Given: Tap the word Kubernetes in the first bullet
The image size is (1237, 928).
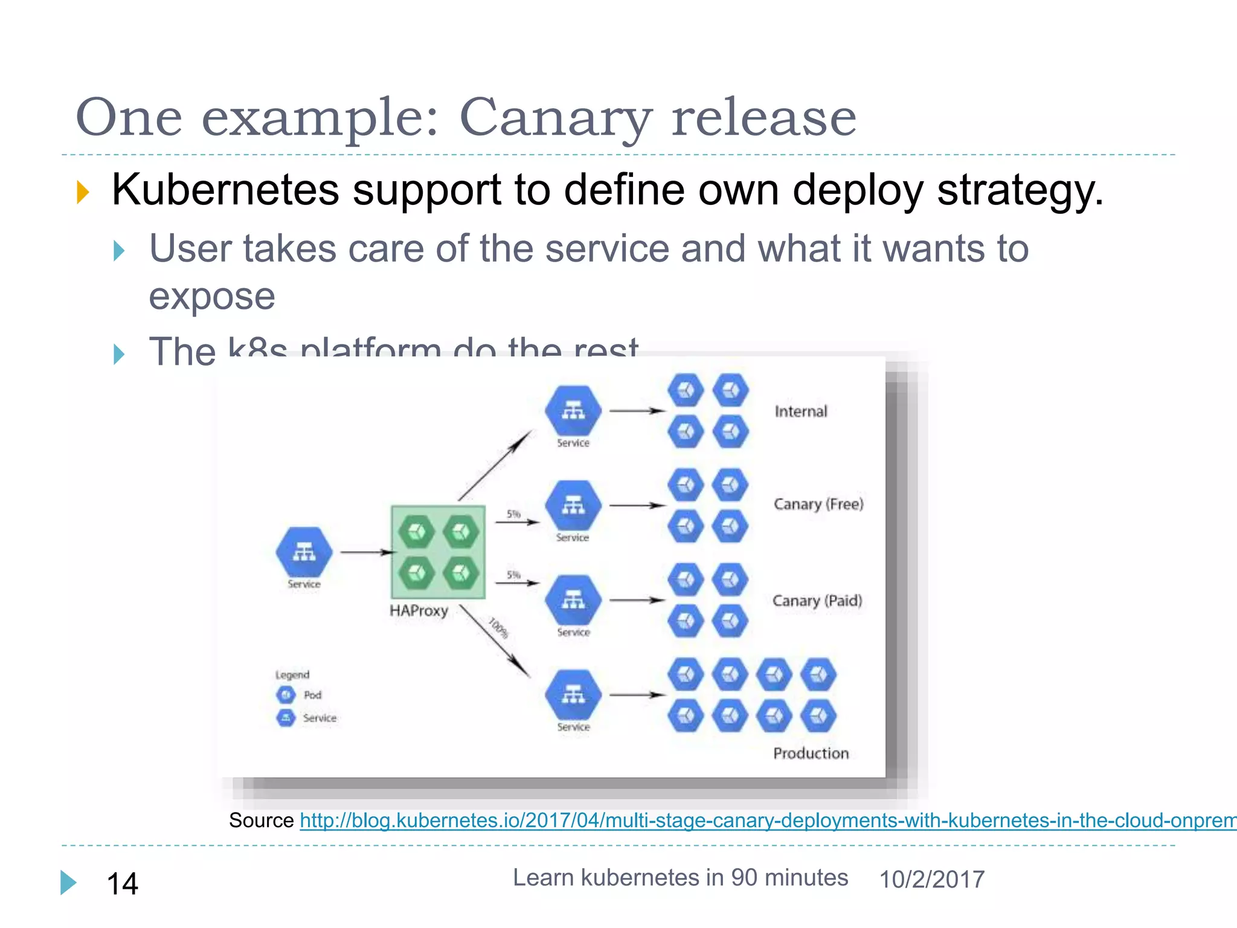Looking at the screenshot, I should pyautogui.click(x=225, y=190).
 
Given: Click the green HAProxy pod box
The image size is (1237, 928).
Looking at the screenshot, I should pyautogui.click(x=439, y=552).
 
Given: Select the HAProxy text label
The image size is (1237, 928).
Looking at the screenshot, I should pyautogui.click(x=419, y=611).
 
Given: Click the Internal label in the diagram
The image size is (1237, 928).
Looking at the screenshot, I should pyautogui.click(x=801, y=411).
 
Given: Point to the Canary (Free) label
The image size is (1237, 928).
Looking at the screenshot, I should pyautogui.click(x=818, y=504).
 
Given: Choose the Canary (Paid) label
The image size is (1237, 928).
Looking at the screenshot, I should pyautogui.click(x=817, y=601).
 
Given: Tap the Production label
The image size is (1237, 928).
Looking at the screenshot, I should pyautogui.click(x=811, y=753).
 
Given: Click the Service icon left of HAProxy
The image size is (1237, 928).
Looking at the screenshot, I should pyautogui.click(x=304, y=552).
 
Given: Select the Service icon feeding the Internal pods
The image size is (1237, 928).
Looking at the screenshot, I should pyautogui.click(x=573, y=411).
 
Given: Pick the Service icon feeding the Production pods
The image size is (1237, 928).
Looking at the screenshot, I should pyautogui.click(x=573, y=695).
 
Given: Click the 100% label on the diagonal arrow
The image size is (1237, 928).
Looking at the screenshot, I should pyautogui.click(x=498, y=627).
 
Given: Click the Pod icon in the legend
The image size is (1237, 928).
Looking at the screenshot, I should pyautogui.click(x=286, y=695).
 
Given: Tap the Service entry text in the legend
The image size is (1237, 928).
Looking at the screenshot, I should pyautogui.click(x=320, y=718).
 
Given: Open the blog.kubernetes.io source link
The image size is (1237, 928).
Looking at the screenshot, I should pyautogui.click(x=767, y=820).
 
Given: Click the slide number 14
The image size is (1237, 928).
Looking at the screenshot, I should pyautogui.click(x=122, y=884).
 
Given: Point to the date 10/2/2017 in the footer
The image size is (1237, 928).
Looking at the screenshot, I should pyautogui.click(x=931, y=880).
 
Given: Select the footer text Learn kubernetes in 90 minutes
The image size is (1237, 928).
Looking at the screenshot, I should pyautogui.click(x=680, y=878).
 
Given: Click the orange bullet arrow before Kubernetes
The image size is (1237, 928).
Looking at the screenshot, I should pyautogui.click(x=83, y=192).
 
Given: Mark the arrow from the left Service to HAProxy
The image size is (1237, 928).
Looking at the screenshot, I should pyautogui.click(x=366, y=552).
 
